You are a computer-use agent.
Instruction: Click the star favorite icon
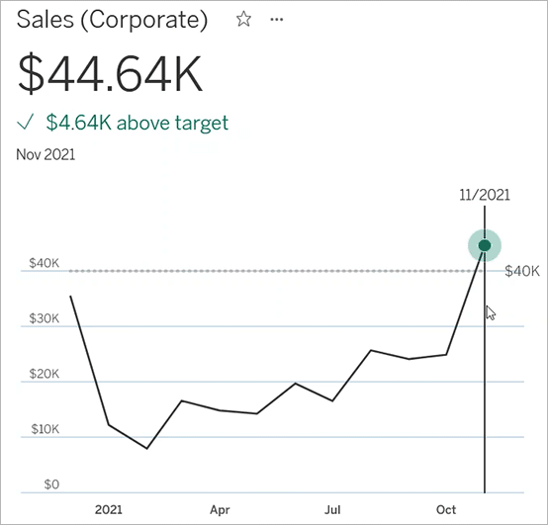click(x=243, y=20)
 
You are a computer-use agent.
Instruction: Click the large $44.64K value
click(x=110, y=72)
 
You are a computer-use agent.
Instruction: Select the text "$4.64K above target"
click(x=137, y=123)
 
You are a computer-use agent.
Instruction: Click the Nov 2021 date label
click(x=46, y=154)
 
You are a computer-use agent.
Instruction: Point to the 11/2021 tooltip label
click(x=484, y=195)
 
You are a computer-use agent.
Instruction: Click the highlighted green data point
click(x=485, y=245)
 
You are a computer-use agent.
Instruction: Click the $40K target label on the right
click(x=521, y=271)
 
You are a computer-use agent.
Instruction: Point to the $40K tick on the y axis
click(x=44, y=264)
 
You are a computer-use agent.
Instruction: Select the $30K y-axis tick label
click(x=44, y=319)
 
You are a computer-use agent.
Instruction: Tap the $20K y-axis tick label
click(x=44, y=375)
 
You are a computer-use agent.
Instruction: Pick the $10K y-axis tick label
click(x=44, y=430)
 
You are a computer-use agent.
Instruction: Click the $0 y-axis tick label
click(x=50, y=485)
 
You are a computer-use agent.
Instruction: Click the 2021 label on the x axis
click(x=109, y=510)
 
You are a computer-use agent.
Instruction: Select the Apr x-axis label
click(x=221, y=510)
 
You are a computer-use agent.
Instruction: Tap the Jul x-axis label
click(x=333, y=510)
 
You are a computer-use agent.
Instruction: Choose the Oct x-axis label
click(x=446, y=510)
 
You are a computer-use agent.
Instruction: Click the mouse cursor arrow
click(x=490, y=312)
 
